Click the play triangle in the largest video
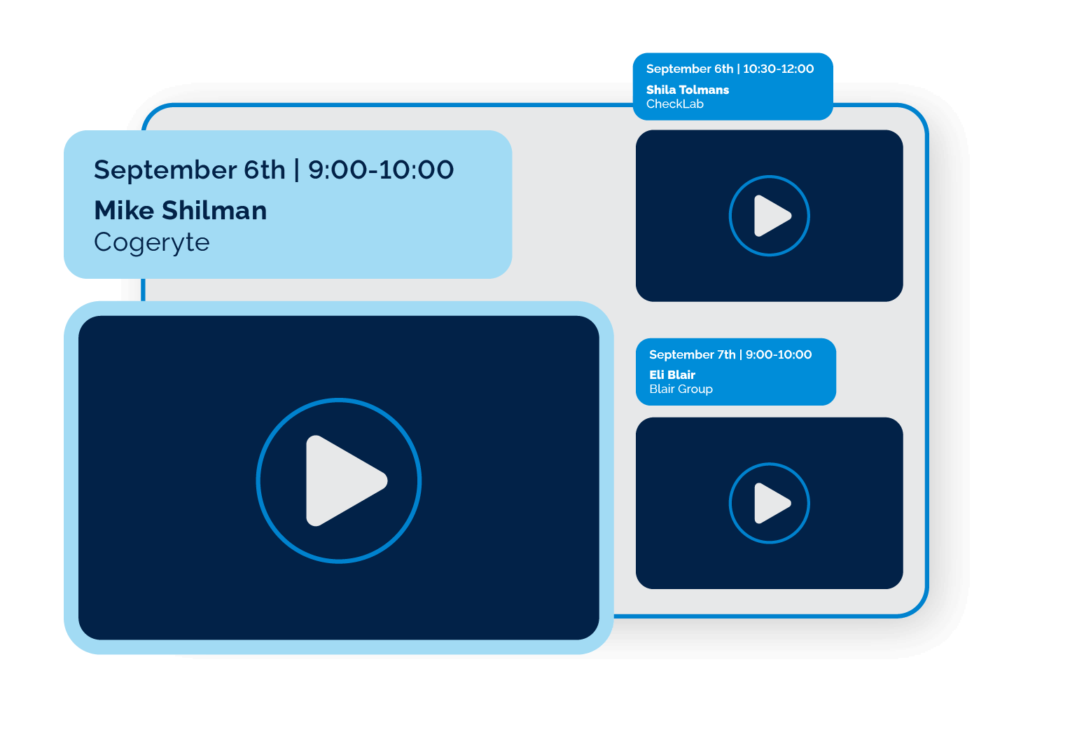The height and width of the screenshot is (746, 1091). click(343, 481)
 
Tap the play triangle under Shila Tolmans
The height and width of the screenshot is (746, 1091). click(770, 216)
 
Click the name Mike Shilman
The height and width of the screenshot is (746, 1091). click(181, 210)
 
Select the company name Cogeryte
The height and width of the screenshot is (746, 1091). click(152, 242)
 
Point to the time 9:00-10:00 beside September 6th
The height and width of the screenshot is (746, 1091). click(381, 170)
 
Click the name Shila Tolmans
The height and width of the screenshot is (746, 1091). click(688, 90)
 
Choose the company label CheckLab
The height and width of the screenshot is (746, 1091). click(675, 104)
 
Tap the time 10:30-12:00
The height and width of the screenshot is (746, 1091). click(779, 69)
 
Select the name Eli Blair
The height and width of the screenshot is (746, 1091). click(672, 375)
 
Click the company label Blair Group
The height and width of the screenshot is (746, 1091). click(681, 389)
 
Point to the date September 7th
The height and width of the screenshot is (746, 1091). click(693, 354)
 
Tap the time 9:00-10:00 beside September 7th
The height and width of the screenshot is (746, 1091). click(779, 354)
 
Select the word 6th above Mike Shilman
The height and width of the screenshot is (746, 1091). click(265, 170)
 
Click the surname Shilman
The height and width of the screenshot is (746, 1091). click(214, 210)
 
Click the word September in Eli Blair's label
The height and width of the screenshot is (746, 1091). click(673, 354)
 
